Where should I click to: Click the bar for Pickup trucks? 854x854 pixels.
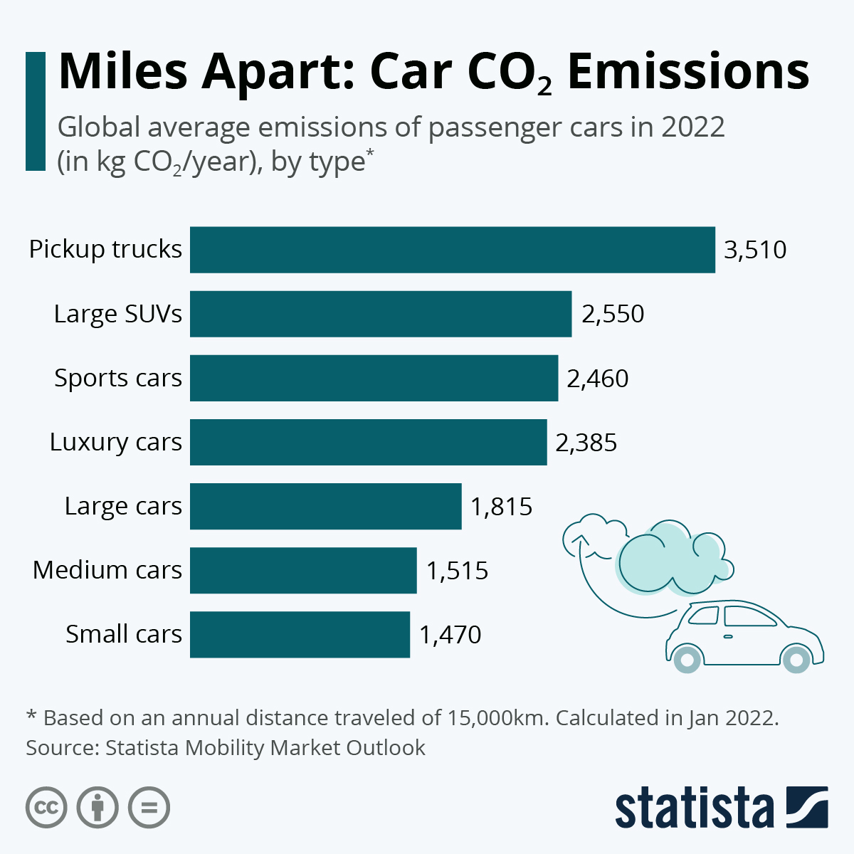pyautogui.click(x=452, y=250)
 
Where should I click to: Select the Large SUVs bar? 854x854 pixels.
pyautogui.click(x=381, y=314)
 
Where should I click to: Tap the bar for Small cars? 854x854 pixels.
pyautogui.click(x=300, y=634)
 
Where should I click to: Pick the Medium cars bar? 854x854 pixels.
pyautogui.click(x=303, y=570)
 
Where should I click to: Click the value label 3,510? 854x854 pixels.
pyautogui.click(x=755, y=250)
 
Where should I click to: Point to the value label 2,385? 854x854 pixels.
pyautogui.click(x=586, y=443)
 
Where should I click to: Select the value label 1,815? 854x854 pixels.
pyautogui.click(x=501, y=507)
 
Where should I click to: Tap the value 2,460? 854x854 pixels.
pyautogui.click(x=597, y=379)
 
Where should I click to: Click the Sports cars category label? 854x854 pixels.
pyautogui.click(x=118, y=378)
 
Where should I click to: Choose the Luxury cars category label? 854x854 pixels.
pyautogui.click(x=116, y=442)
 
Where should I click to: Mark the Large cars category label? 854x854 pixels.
pyautogui.click(x=123, y=506)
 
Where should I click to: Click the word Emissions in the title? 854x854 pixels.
pyautogui.click(x=688, y=71)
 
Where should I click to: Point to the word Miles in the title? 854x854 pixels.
pyautogui.click(x=123, y=71)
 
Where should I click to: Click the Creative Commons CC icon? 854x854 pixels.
pyautogui.click(x=46, y=808)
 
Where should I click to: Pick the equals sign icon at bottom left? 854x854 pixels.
pyautogui.click(x=149, y=808)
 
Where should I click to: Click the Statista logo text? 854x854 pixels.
pyautogui.click(x=694, y=808)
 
